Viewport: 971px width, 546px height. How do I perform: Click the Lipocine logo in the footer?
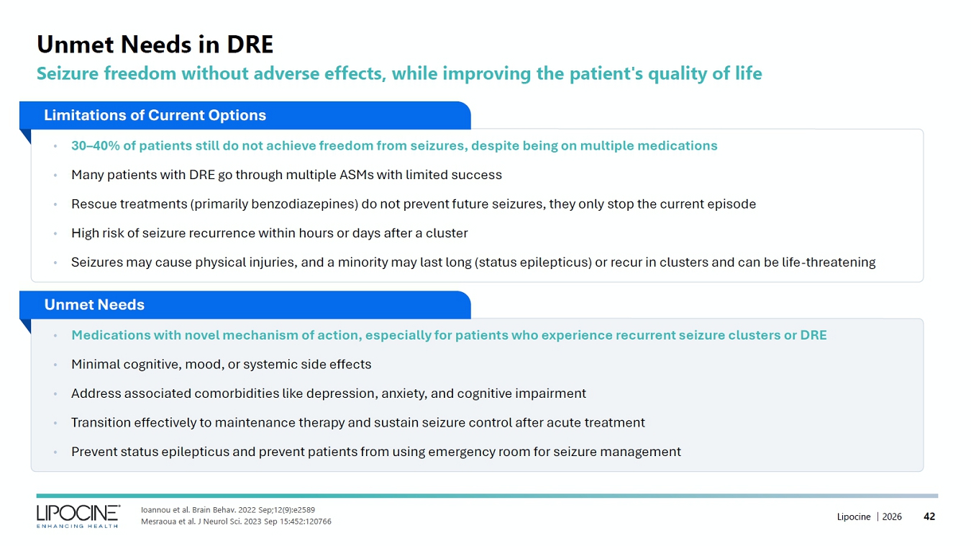[78, 516]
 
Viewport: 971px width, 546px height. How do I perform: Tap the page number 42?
[929, 517]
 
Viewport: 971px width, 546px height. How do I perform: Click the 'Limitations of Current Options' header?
[155, 115]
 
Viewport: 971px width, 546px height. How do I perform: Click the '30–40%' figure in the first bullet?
[96, 146]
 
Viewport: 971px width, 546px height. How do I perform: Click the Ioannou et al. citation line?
[228, 510]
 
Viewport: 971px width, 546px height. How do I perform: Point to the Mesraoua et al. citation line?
[236, 522]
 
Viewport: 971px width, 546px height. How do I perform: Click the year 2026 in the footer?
[892, 517]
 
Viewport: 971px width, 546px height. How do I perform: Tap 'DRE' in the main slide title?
[250, 44]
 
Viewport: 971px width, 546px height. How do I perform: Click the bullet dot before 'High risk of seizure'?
[55, 234]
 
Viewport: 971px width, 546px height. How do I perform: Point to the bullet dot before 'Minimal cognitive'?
[55, 365]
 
